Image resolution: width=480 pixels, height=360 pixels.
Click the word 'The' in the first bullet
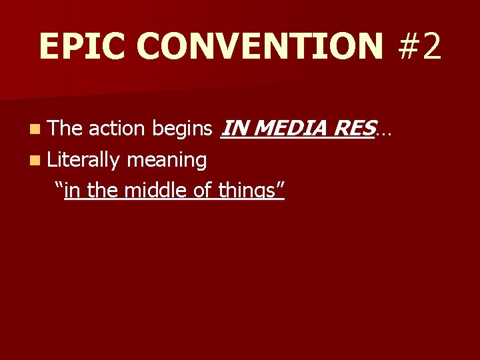coord(65,127)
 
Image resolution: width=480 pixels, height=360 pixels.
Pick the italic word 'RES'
coord(351,127)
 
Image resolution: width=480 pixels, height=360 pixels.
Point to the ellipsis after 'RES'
coord(383,131)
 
